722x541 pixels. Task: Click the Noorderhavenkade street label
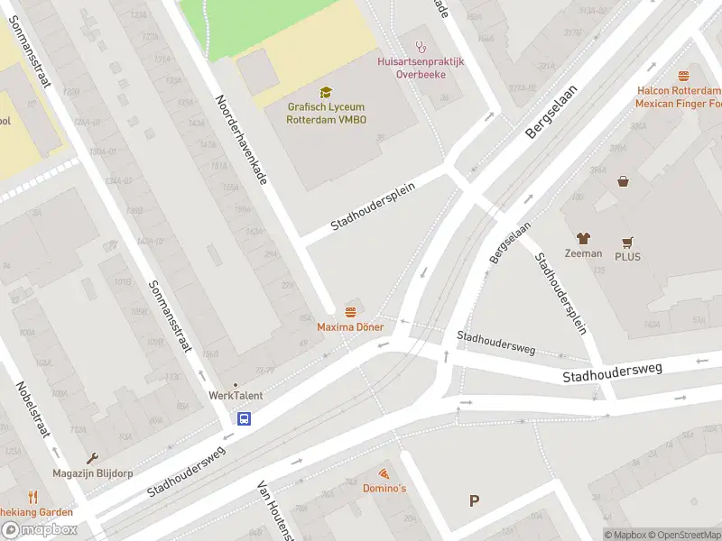(x=241, y=140)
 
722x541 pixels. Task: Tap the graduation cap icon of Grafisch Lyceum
(x=326, y=92)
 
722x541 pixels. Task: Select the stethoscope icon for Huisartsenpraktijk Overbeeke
(x=419, y=46)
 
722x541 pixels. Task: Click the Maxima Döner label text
(x=350, y=326)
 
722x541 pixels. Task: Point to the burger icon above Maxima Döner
(x=350, y=311)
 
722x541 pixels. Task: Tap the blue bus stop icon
(x=245, y=418)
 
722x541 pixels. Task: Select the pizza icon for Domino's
(x=384, y=473)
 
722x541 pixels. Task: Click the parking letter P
(x=474, y=501)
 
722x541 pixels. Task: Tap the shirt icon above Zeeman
(x=583, y=239)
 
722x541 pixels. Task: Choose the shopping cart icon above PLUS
(x=627, y=242)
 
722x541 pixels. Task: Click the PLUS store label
(x=627, y=255)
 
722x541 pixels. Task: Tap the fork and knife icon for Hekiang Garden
(x=32, y=497)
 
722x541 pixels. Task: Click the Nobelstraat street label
(x=32, y=409)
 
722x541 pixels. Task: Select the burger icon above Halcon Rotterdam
(x=683, y=77)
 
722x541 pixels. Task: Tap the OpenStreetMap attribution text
(x=679, y=535)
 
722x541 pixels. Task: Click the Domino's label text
(x=384, y=488)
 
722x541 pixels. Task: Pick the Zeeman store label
(x=583, y=253)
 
